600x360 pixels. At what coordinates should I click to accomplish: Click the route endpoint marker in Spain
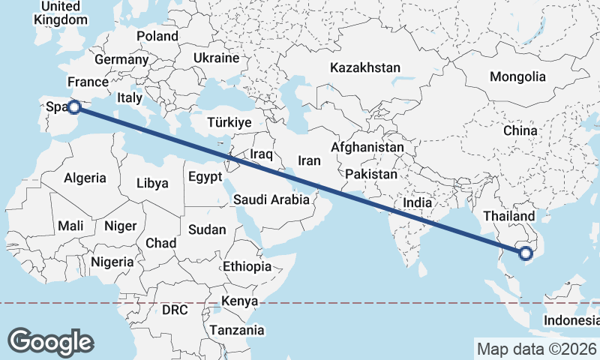(74, 107)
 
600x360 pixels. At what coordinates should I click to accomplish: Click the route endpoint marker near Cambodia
(526, 253)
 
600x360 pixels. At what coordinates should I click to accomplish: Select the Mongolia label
(517, 76)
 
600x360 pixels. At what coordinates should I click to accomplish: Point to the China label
(520, 130)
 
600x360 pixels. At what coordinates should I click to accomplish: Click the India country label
(417, 202)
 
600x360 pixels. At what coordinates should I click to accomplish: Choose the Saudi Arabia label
(271, 199)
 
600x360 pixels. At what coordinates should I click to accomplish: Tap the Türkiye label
(229, 122)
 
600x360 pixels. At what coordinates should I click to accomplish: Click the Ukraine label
(216, 58)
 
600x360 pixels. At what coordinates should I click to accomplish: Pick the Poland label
(157, 36)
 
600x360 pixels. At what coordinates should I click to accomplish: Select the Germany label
(121, 59)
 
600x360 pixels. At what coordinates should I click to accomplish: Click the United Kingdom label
(60, 13)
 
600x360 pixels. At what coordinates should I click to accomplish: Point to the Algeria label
(85, 178)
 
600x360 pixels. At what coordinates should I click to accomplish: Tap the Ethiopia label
(247, 266)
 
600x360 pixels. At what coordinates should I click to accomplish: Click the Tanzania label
(236, 329)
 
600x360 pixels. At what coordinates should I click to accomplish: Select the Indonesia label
(571, 320)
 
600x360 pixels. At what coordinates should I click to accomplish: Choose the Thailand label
(509, 217)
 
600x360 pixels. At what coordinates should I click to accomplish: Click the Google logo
(50, 341)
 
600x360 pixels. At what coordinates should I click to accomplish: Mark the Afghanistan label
(367, 148)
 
